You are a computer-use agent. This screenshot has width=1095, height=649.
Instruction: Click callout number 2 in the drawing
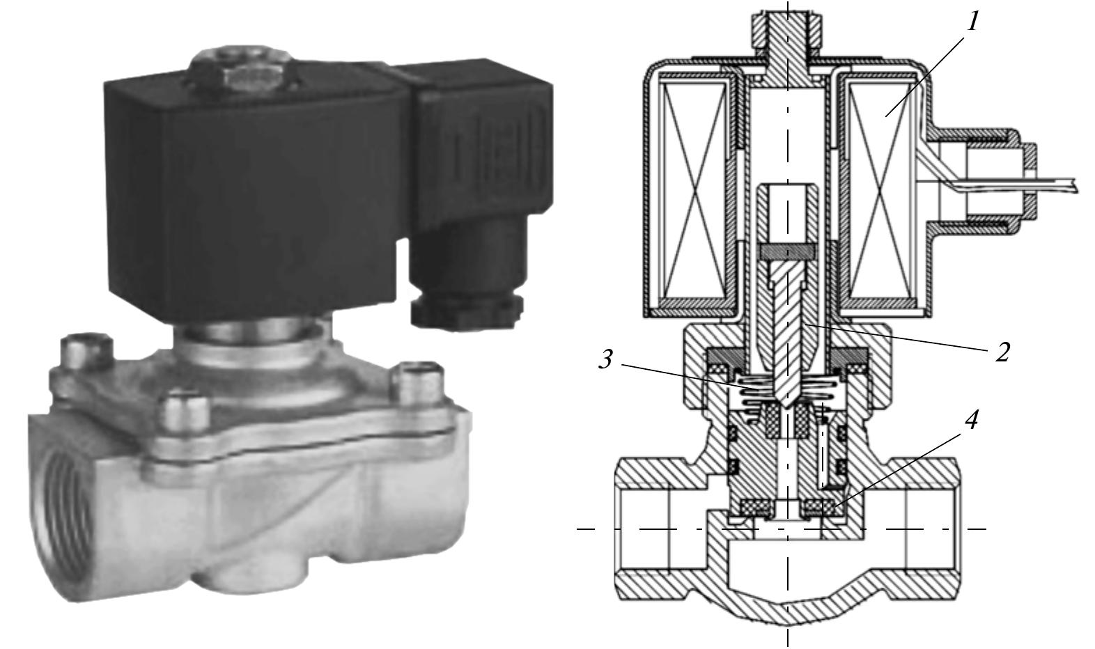1002,352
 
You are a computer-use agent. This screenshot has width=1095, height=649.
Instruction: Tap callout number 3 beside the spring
607,360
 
